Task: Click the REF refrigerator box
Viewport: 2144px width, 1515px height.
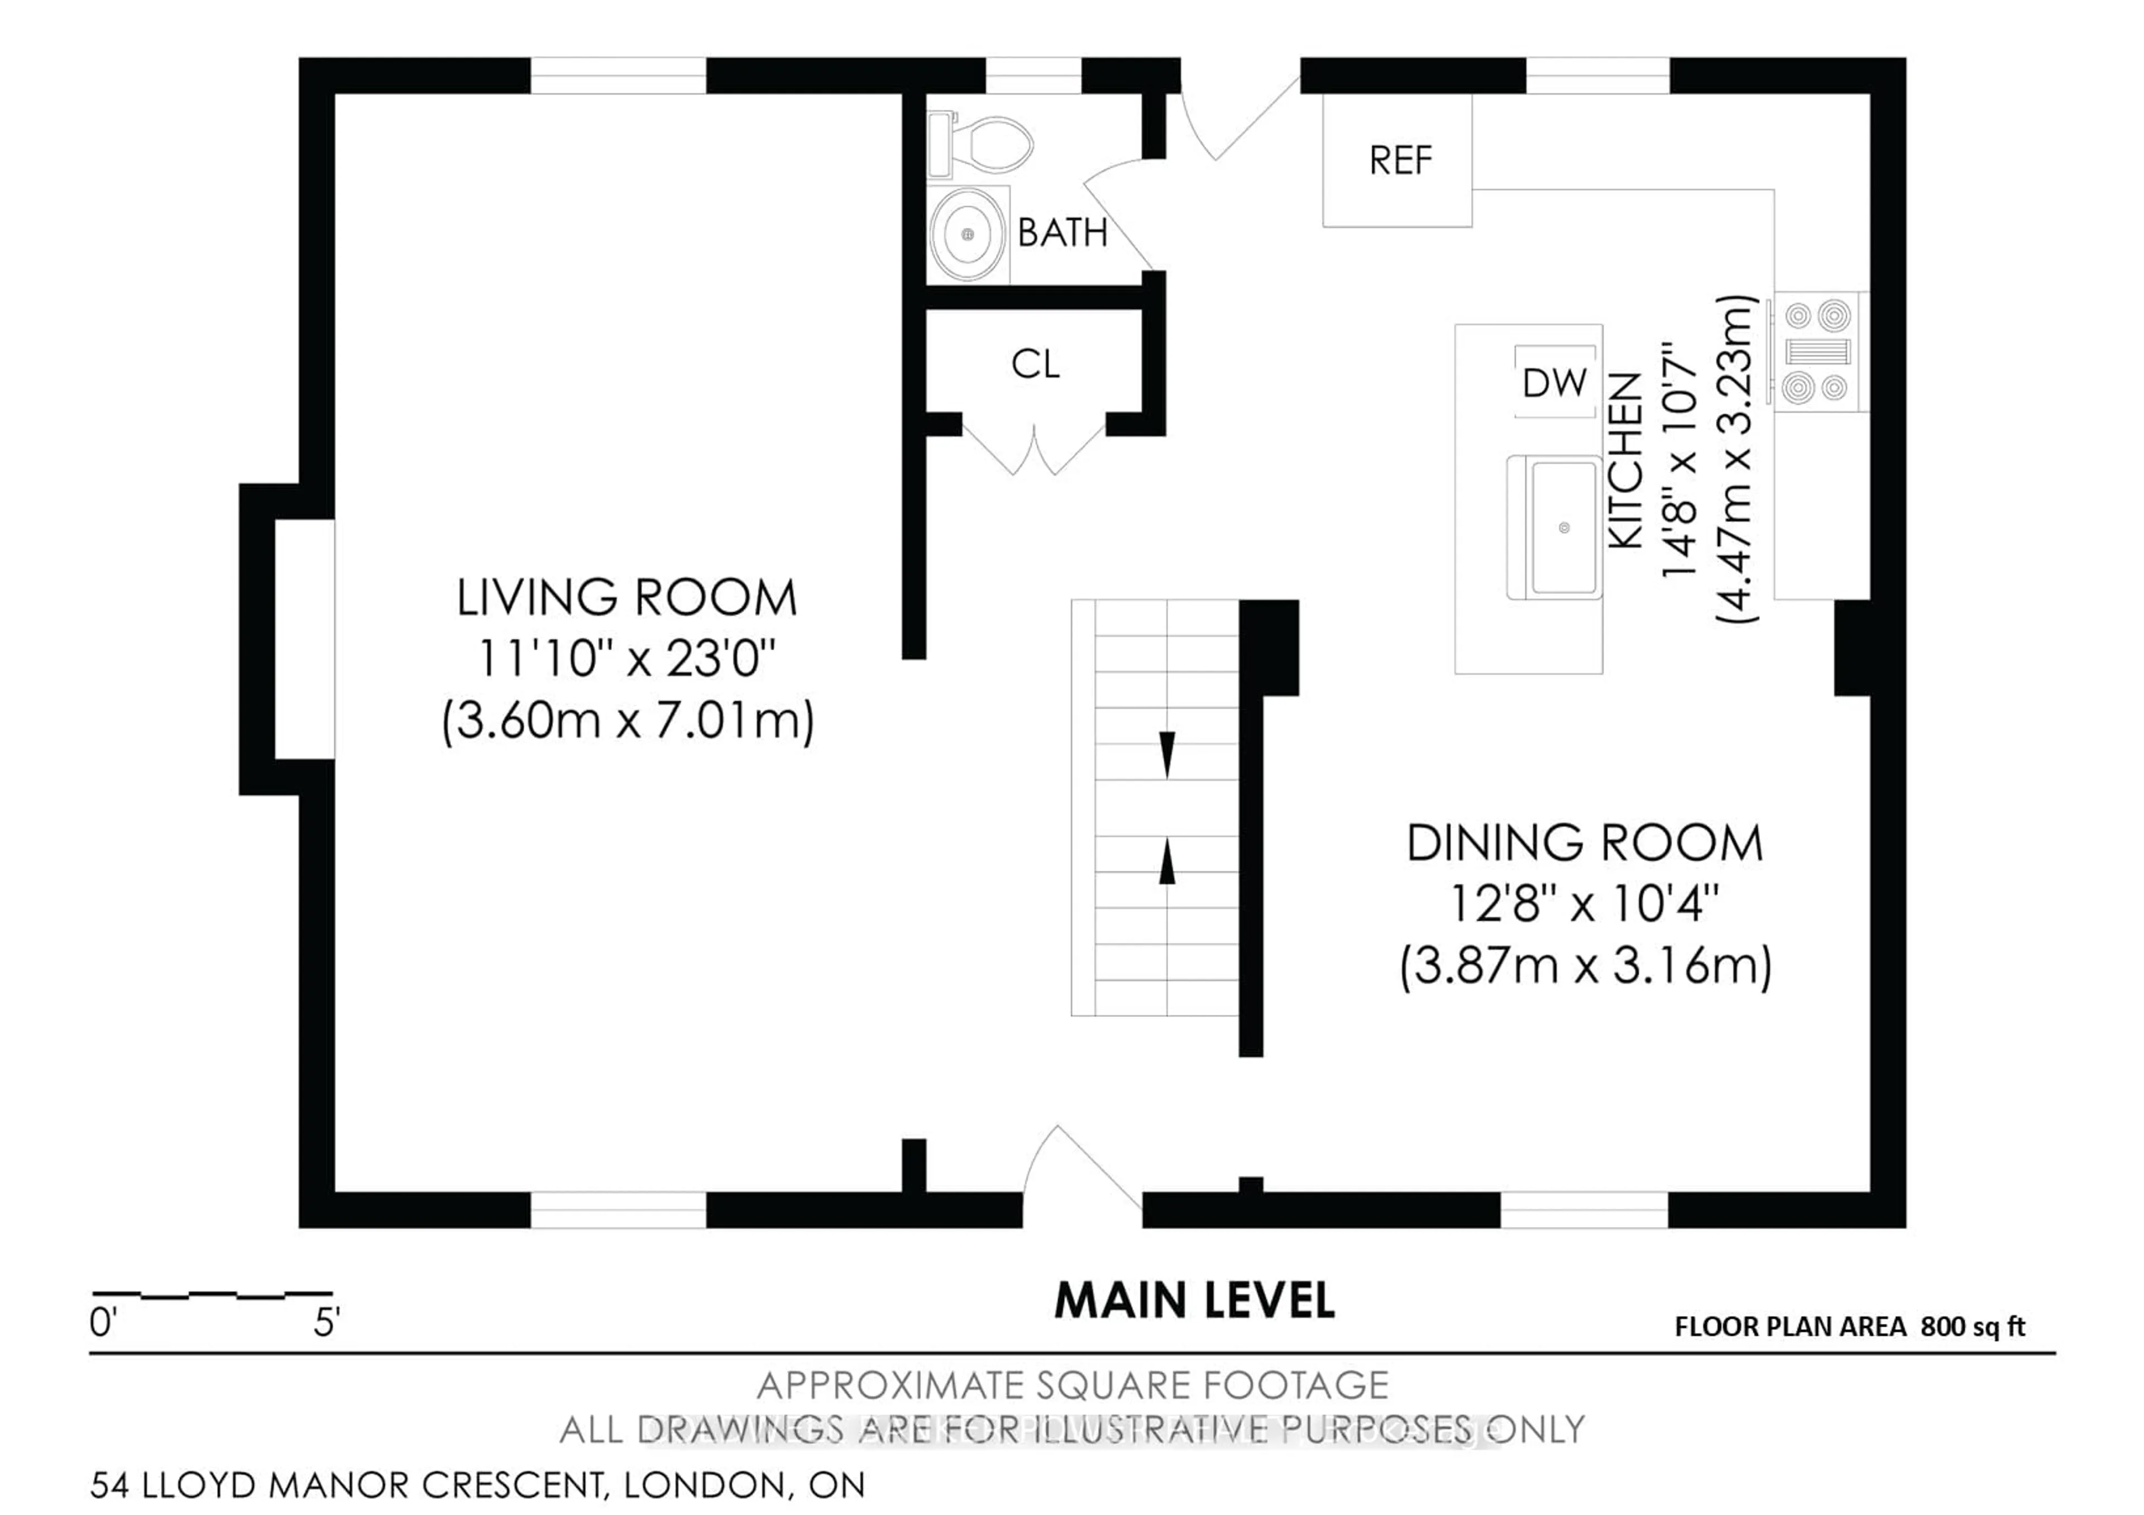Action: coord(1398,161)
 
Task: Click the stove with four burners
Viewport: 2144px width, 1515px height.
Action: coord(1816,352)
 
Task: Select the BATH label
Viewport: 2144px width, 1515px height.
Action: coord(1062,232)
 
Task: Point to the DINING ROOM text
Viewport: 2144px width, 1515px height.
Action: coord(1585,844)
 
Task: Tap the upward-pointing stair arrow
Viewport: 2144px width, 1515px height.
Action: coord(1166,861)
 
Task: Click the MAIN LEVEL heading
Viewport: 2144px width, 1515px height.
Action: coord(1194,1301)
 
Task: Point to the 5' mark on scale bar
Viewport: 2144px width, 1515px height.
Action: coord(326,1323)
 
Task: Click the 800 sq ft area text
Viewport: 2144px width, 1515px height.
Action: coord(1972,1327)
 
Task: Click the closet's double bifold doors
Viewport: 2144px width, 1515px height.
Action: coord(1035,453)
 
